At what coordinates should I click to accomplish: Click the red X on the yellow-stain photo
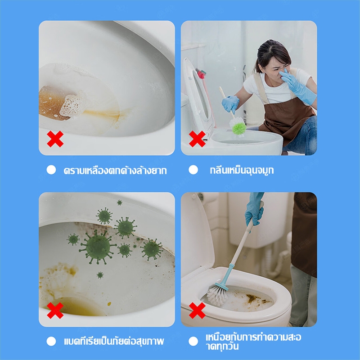click(55, 139)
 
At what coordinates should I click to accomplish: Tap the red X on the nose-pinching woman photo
click(197, 139)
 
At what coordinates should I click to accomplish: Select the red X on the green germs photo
click(55, 310)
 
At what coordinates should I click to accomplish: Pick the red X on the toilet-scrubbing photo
click(197, 310)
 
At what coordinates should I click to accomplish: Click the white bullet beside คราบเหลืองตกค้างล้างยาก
click(51, 170)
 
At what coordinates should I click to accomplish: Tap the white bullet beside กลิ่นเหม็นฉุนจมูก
click(193, 170)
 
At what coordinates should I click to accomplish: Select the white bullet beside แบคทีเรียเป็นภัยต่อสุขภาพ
click(51, 342)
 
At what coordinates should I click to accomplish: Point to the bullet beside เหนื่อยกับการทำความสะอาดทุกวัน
click(193, 342)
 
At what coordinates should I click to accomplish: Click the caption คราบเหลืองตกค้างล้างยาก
click(115, 171)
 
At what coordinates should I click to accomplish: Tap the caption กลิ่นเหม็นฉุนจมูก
click(242, 171)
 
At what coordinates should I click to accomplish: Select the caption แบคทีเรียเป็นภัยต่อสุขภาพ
click(114, 341)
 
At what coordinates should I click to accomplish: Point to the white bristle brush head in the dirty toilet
click(217, 295)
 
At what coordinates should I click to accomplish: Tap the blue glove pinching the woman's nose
click(297, 86)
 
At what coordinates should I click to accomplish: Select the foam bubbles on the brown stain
click(72, 104)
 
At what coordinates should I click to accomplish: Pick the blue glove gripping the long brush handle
click(254, 209)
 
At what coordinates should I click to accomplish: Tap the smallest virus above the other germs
click(119, 202)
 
